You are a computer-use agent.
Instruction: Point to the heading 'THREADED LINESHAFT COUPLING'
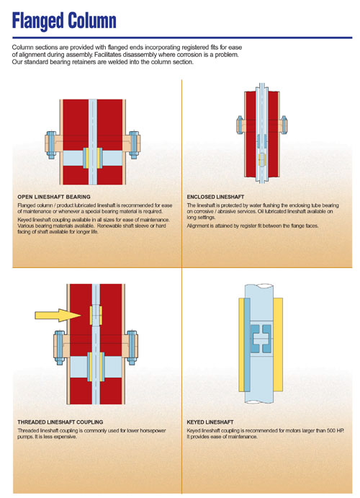(x=60, y=421)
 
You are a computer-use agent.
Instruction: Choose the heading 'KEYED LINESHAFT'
(x=212, y=421)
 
